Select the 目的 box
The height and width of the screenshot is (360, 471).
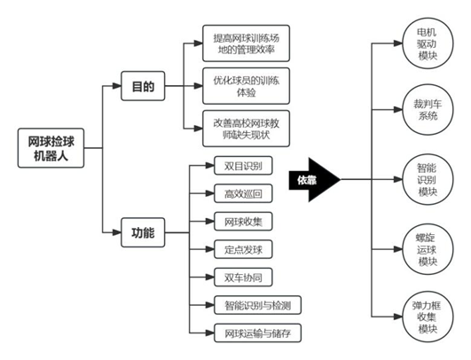point(143,88)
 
